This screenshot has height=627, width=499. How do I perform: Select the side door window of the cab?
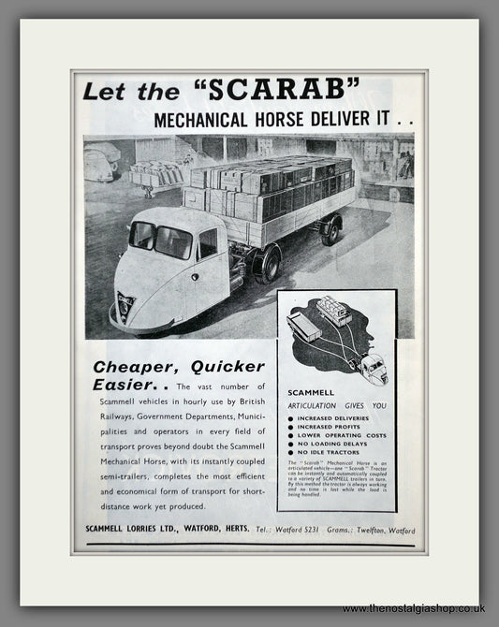coord(208,244)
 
